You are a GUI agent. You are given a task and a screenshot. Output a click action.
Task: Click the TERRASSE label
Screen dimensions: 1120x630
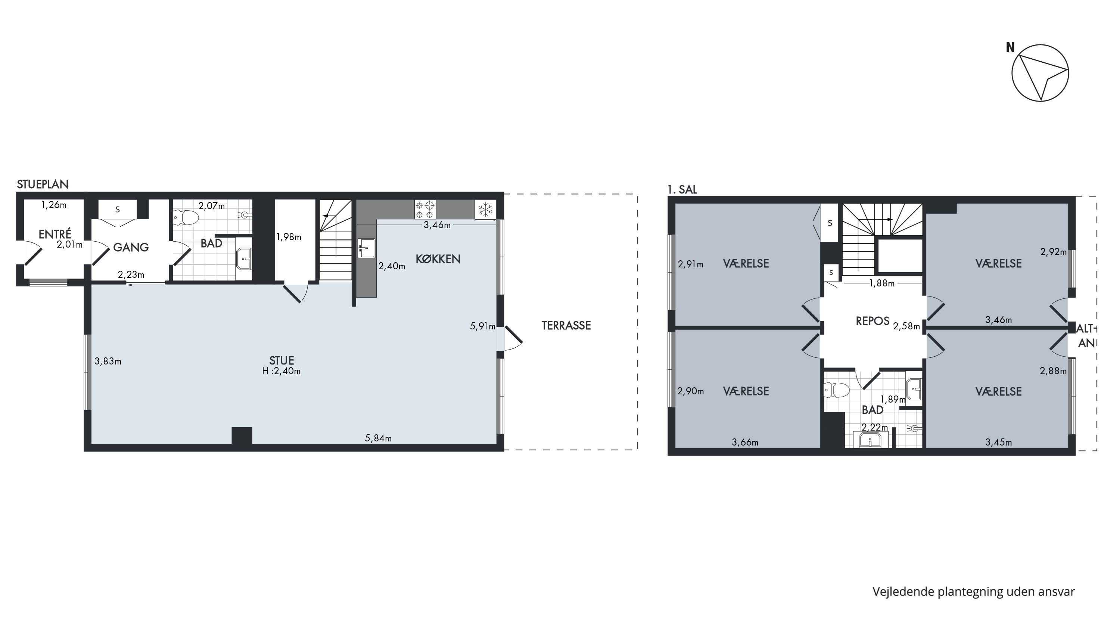[566, 325]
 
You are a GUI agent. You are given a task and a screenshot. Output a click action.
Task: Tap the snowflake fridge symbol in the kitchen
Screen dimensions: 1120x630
[485, 210]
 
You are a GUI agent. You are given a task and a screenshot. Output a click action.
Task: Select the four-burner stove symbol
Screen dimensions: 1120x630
[425, 210]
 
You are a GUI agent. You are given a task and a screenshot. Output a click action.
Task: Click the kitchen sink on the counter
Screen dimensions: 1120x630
[366, 248]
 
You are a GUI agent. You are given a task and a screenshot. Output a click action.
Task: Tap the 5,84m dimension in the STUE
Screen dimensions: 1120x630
[378, 438]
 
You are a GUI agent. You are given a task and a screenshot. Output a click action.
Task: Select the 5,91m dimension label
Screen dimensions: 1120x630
[483, 326]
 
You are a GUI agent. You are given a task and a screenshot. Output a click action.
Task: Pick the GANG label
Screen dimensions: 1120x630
[131, 247]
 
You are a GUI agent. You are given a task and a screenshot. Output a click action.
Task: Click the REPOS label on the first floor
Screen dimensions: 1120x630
[872, 321]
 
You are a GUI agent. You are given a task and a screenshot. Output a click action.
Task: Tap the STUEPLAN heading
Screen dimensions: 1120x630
[43, 184]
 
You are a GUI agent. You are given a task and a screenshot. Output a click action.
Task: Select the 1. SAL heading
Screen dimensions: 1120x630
[682, 190]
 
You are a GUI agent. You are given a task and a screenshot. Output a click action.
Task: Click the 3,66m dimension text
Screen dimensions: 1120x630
[745, 443]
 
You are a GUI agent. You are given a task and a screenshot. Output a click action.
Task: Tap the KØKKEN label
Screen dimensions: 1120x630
[438, 259]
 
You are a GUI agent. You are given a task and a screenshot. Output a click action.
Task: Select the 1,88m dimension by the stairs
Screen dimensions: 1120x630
[882, 283]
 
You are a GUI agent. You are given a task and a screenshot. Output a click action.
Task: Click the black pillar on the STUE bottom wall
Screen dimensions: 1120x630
[242, 436]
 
